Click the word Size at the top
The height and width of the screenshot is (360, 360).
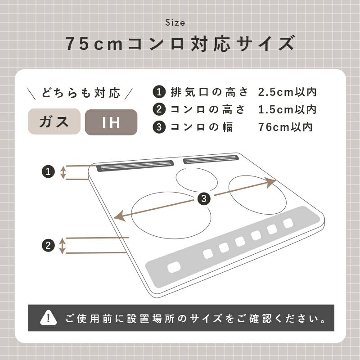pos(175,22)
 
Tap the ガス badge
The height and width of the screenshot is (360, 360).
pos(54,121)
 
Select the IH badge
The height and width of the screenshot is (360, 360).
pos(111,122)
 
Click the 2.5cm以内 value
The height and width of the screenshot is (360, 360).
pos(287,92)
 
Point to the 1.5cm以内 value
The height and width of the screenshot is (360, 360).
pos(287,109)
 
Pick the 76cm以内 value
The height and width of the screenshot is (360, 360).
pos(285,127)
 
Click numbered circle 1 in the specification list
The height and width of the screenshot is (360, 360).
pos(159,92)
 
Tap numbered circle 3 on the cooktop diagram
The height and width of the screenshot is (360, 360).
pos(204,198)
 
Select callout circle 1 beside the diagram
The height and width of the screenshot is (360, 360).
pos(48,171)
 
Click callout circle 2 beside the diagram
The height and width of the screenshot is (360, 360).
pos(48,245)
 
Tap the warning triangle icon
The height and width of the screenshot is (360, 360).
pos(48,318)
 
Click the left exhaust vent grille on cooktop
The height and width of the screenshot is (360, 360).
pos(135,166)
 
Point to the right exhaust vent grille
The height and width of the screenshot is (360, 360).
pos(211,159)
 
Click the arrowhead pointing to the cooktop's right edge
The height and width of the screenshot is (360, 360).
pos(270,182)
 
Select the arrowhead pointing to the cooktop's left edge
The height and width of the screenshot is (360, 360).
pos(120,216)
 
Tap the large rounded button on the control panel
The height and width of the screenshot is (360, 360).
pos(174,267)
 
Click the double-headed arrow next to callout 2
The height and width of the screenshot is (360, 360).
pos(62,246)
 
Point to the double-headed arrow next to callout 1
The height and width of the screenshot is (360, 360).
pos(63,172)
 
